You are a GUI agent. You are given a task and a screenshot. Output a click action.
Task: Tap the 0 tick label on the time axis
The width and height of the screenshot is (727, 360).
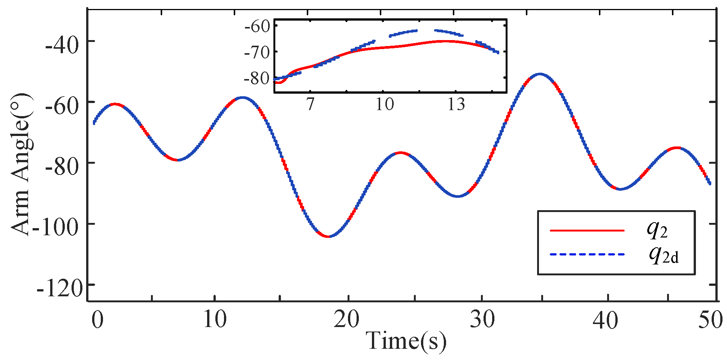tap(97, 320)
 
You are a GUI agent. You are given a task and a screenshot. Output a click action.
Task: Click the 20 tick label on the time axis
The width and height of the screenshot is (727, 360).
tap(346, 320)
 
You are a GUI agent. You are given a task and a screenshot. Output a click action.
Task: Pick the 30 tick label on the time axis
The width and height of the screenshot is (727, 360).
tap(482, 320)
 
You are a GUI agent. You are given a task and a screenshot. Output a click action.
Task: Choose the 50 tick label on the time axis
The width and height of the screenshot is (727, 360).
tap(710, 320)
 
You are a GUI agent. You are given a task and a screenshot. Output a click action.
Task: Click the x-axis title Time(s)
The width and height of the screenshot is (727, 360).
tap(406, 341)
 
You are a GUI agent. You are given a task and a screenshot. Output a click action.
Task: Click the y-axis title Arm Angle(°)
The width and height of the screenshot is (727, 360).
tap(22, 165)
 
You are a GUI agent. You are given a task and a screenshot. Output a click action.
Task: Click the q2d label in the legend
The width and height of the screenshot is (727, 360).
tap(663, 255)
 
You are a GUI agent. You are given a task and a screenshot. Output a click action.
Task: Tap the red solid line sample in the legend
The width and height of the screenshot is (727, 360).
tap(587, 230)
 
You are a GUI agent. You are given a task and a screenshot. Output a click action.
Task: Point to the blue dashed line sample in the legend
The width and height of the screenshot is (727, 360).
tap(587, 255)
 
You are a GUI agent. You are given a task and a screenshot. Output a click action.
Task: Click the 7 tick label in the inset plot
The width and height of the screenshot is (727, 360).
tap(310, 104)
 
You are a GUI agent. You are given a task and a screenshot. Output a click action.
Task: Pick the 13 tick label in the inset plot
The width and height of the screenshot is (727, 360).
tap(456, 104)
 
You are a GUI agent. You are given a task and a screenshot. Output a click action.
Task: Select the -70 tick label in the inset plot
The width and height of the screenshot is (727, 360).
tap(257, 52)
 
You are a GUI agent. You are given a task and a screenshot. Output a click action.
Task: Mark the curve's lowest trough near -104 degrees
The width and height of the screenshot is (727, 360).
tap(328, 236)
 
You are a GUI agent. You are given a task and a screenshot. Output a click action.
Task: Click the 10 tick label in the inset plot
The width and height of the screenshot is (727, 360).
tap(385, 104)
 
